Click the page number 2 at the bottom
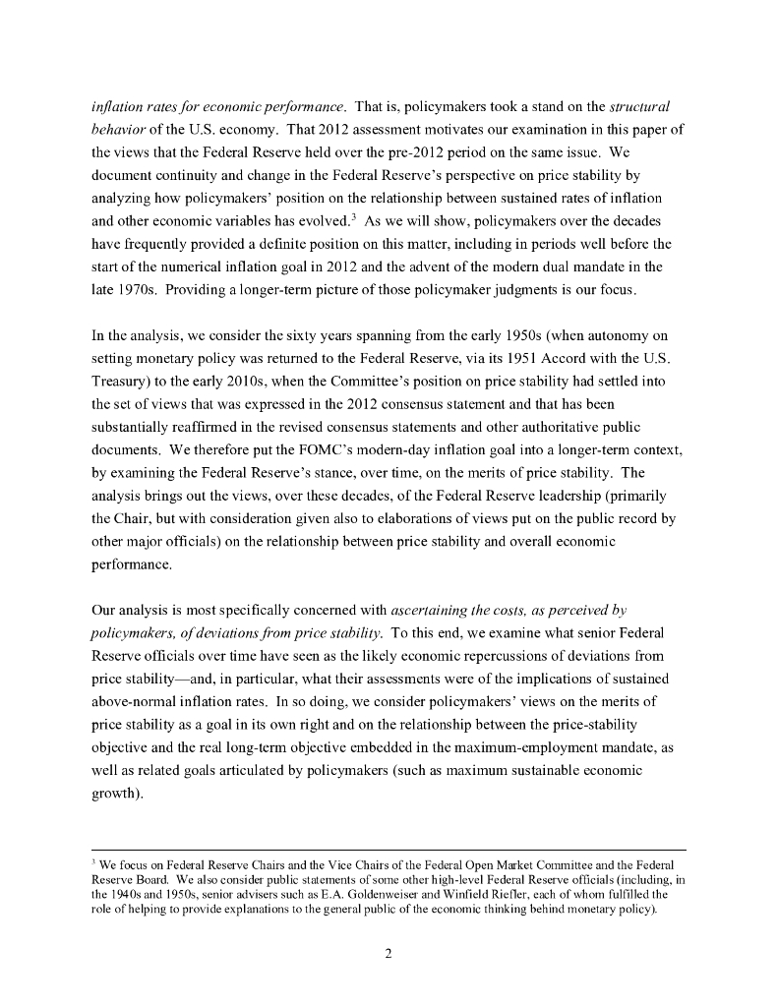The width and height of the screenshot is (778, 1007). (x=389, y=952)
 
